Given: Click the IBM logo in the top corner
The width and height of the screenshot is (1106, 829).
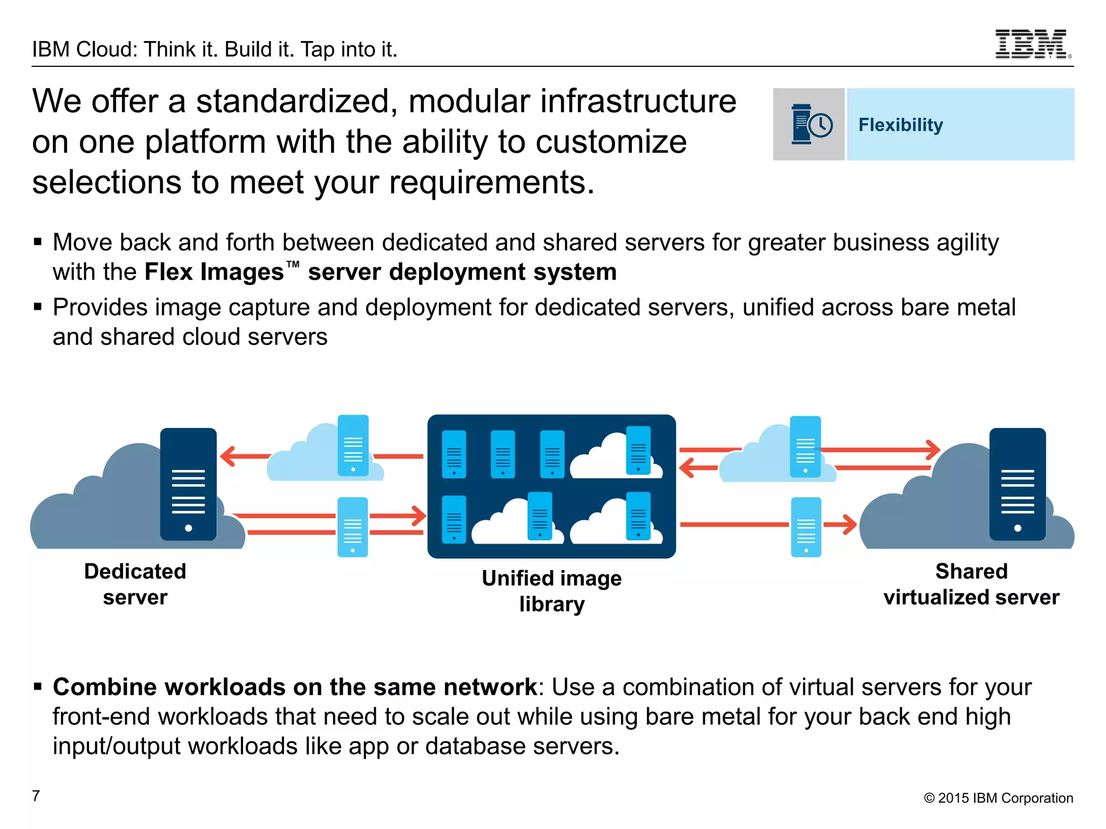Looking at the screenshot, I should click(x=1033, y=44).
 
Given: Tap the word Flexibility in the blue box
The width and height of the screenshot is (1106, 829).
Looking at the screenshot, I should click(x=900, y=125).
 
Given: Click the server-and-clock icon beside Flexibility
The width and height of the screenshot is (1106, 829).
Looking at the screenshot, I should click(x=810, y=125).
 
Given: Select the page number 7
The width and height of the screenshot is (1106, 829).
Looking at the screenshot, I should click(x=36, y=796).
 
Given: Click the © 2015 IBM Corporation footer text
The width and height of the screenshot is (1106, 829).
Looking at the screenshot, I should click(x=998, y=798).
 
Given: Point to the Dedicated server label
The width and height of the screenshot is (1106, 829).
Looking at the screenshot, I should click(x=135, y=584).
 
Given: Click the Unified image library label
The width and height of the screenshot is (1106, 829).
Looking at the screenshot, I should click(x=551, y=591).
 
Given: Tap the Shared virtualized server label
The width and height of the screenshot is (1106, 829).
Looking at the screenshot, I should click(x=971, y=584).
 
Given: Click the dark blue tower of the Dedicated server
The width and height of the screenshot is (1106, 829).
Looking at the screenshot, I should click(x=188, y=484).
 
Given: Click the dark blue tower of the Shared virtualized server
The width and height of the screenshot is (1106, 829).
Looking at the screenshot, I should click(x=1017, y=484).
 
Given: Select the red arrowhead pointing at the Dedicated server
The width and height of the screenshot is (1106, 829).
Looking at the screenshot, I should click(x=228, y=456).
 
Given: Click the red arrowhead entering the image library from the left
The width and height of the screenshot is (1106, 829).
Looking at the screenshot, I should click(x=419, y=515).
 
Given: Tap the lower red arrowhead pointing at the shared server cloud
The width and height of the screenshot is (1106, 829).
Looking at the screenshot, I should click(x=849, y=524).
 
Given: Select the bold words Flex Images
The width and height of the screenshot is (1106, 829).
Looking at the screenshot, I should click(x=214, y=271).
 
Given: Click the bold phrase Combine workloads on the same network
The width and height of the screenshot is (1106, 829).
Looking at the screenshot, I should click(x=294, y=687).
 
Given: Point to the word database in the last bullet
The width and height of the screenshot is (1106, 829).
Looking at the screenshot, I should click(x=475, y=746).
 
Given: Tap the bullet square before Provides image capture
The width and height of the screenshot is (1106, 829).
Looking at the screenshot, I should click(x=38, y=307).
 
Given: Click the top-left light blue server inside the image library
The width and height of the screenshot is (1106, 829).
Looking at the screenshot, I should click(x=454, y=454).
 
